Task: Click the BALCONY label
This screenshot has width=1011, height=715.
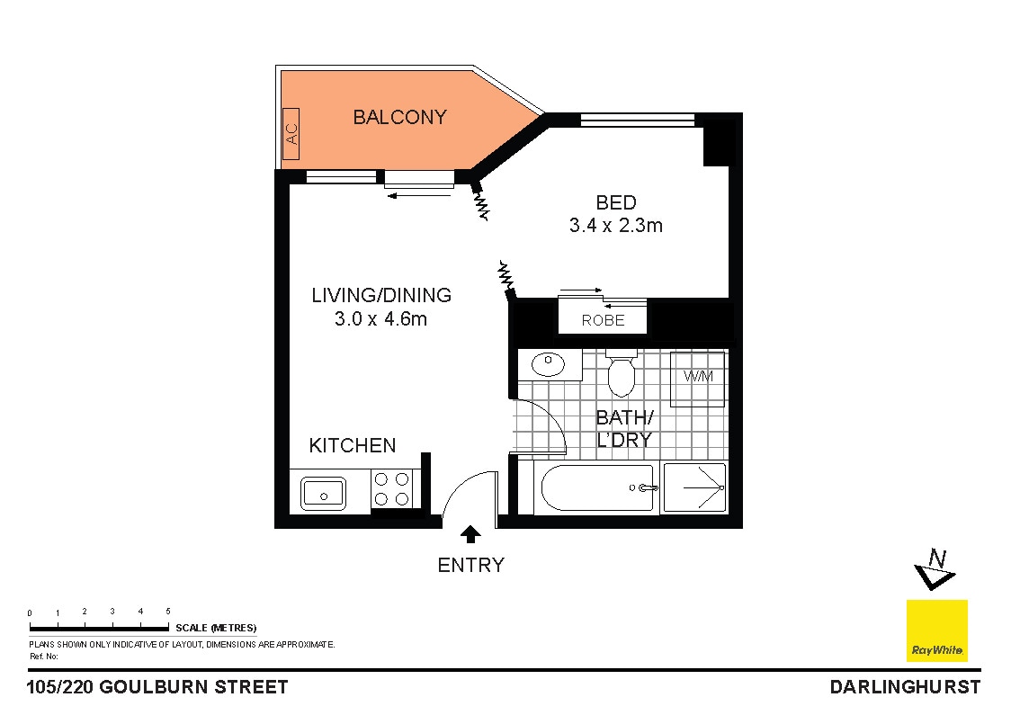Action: coord(399,117)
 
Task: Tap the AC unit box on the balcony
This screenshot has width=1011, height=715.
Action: coord(291,134)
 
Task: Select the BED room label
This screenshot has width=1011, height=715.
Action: coord(615,202)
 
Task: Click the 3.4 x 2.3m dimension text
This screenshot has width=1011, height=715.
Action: coord(615,226)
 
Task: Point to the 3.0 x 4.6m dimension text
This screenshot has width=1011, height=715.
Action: coord(380,318)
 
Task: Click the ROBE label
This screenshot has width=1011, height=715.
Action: coord(603,320)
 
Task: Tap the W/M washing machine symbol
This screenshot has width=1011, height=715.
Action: coord(697,378)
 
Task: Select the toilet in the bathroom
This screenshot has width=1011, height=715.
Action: coord(621,374)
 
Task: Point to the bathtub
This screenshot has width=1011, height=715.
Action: coord(594,488)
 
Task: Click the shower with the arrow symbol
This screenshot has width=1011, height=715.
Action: coord(694,488)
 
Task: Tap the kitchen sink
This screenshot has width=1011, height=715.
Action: coord(323,492)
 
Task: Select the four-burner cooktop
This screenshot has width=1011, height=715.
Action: coord(391,490)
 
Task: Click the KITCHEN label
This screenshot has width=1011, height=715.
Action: coord(352,445)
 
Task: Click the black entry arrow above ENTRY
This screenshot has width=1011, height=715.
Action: coord(470,535)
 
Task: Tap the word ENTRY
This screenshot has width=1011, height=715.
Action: coord(470,565)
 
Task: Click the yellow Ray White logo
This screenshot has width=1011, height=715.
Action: coord(936,630)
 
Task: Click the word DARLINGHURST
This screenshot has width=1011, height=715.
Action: coord(904,687)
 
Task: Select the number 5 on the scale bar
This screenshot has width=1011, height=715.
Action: coord(168,612)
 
